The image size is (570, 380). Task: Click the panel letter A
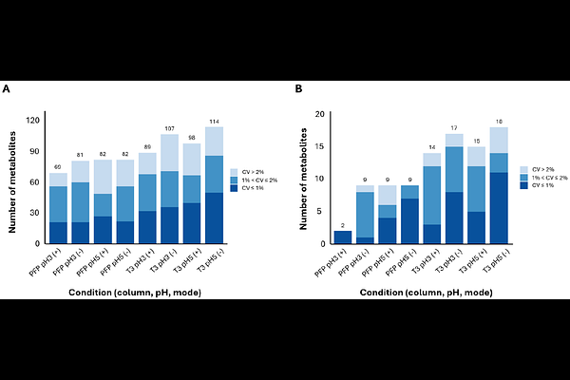(7, 88)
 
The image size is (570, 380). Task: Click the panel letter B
(299, 88)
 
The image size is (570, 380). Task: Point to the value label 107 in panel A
(170, 127)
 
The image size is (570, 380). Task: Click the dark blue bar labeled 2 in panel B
(343, 237)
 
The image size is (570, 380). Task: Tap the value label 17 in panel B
(453, 127)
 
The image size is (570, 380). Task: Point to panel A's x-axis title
(137, 293)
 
